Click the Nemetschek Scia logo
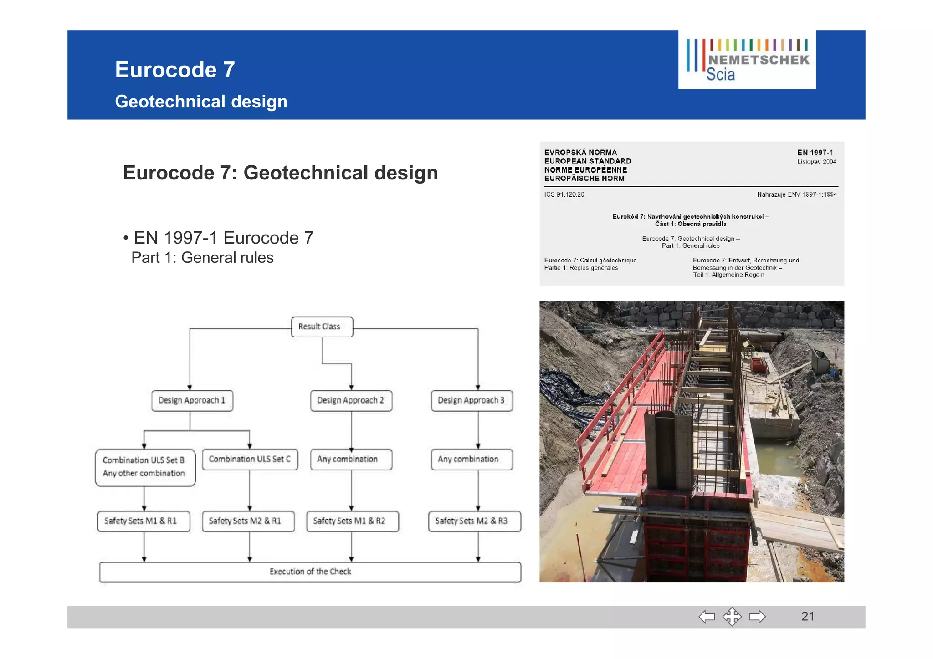[x=747, y=60]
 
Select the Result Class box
[x=322, y=327]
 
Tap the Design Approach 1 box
[x=192, y=400]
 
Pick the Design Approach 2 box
[x=351, y=400]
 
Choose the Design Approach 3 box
[x=472, y=400]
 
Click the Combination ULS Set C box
[x=250, y=459]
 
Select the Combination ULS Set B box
[x=145, y=467]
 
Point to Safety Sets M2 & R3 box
[x=474, y=521]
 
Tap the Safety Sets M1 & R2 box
[x=353, y=521]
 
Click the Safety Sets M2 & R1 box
[x=248, y=521]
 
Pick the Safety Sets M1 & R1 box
[x=144, y=521]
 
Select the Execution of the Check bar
[x=310, y=572]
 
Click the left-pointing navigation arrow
[x=707, y=617]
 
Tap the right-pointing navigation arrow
[x=757, y=617]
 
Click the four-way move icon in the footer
[x=732, y=617]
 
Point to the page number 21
[x=807, y=616]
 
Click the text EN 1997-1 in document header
[x=815, y=153]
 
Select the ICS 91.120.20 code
[x=564, y=194]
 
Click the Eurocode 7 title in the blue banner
[x=175, y=70]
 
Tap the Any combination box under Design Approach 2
[x=351, y=459]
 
